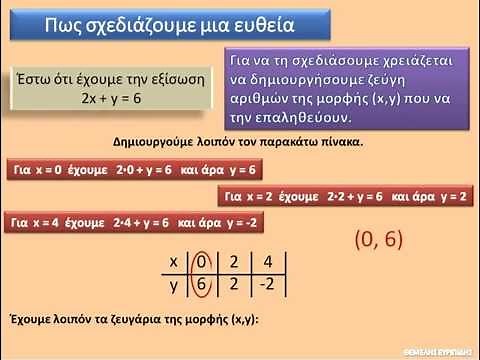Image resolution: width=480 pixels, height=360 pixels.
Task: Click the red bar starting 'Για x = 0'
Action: click(132, 170)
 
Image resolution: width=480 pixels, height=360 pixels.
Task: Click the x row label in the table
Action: click(173, 261)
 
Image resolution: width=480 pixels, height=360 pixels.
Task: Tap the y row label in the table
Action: click(173, 284)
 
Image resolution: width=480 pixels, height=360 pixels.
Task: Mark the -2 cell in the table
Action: click(265, 284)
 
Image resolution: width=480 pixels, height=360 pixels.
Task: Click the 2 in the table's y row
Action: click(232, 284)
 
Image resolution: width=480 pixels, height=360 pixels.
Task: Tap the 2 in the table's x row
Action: click(232, 261)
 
